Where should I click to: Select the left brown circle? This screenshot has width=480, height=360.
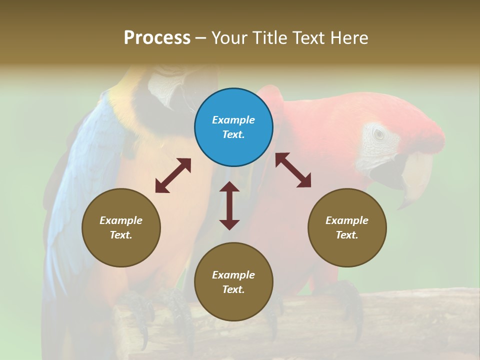point(121,227)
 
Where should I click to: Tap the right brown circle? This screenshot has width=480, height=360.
point(347,227)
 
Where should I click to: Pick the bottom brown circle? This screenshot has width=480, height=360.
point(233,282)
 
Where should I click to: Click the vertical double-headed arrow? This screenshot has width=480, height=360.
point(229,205)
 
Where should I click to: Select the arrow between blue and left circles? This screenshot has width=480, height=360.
point(173,175)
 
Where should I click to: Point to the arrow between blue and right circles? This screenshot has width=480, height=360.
point(293,170)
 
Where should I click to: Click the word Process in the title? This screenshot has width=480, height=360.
point(157,37)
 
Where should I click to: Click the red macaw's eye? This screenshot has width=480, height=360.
point(378,134)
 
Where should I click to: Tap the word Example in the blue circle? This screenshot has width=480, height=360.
point(233,120)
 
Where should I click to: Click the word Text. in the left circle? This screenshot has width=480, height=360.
point(121,235)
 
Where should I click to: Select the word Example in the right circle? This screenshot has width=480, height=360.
point(347,220)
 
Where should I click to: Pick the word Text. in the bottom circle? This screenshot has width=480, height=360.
point(233,289)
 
